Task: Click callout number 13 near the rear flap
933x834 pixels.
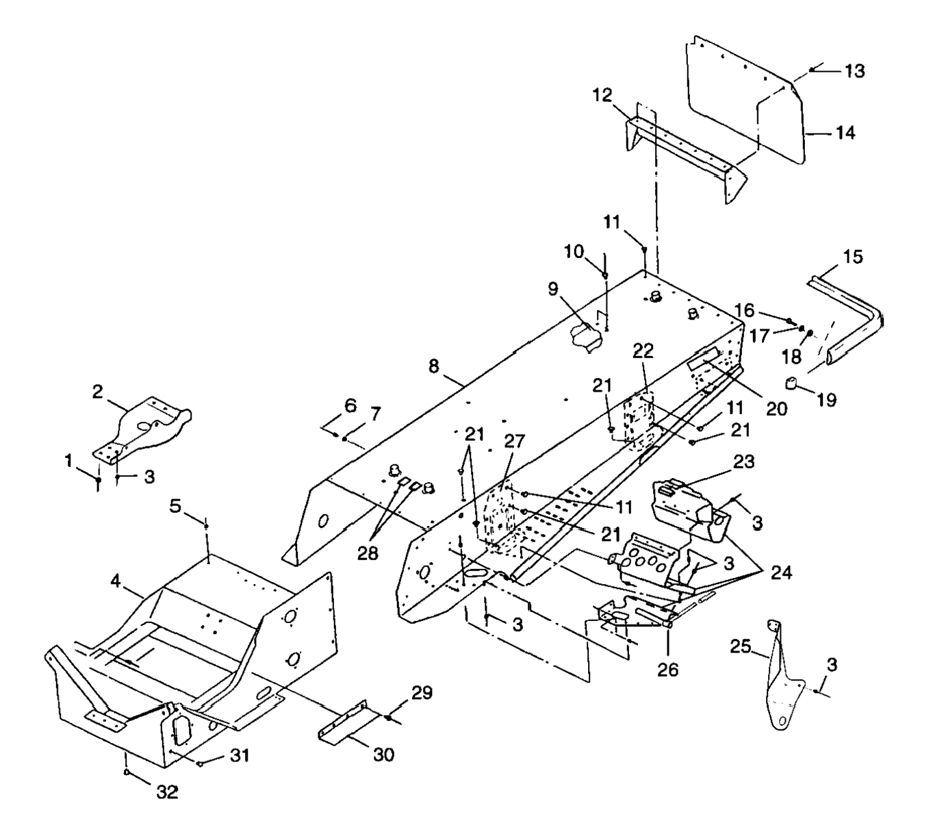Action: tap(854, 71)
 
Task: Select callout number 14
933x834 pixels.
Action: tap(845, 132)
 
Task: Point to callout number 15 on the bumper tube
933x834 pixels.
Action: tap(853, 257)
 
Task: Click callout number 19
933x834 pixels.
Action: tap(826, 399)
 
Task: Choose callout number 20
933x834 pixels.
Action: tap(776, 408)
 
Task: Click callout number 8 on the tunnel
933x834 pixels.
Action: tap(433, 366)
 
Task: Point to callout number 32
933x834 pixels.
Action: tap(167, 792)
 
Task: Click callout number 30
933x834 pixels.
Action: tap(383, 754)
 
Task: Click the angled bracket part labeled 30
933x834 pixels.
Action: tap(346, 726)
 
